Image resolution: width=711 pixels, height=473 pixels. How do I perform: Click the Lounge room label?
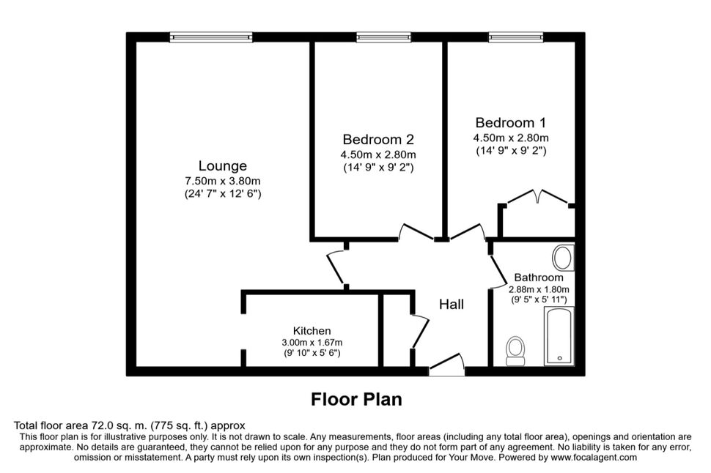pyautogui.click(x=223, y=166)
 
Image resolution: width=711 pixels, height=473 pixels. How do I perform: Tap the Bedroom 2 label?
pyautogui.click(x=378, y=140)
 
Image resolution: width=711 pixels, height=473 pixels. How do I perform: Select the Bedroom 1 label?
pyautogui.click(x=511, y=123)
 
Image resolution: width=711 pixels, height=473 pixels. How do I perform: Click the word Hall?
pyautogui.click(x=452, y=304)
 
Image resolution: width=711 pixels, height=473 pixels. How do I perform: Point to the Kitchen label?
pyautogui.click(x=312, y=331)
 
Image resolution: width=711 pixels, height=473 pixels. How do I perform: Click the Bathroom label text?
pyautogui.click(x=539, y=278)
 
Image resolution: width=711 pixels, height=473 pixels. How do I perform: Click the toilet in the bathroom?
pyautogui.click(x=515, y=351)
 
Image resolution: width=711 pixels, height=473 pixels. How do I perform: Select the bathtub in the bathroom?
pyautogui.click(x=559, y=335)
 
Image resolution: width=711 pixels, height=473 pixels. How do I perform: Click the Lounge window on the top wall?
pyautogui.click(x=211, y=37)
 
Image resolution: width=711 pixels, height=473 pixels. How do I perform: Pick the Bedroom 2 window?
pyautogui.click(x=383, y=37)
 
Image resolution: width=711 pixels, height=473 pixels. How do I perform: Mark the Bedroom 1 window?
pyautogui.click(x=515, y=37)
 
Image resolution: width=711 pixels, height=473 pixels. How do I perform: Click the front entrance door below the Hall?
pyautogui.click(x=447, y=365)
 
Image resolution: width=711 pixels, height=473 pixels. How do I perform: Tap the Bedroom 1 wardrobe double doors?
pyautogui.click(x=537, y=198)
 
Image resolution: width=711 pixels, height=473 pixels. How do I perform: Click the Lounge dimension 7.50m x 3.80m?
pyautogui.click(x=223, y=181)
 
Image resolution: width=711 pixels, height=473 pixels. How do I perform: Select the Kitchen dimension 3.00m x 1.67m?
pyautogui.click(x=312, y=343)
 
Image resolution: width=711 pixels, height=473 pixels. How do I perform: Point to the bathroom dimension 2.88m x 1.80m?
pyautogui.click(x=539, y=289)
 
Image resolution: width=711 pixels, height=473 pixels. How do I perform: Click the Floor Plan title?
pyautogui.click(x=356, y=399)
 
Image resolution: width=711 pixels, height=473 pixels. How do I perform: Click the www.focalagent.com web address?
pyautogui.click(x=594, y=457)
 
